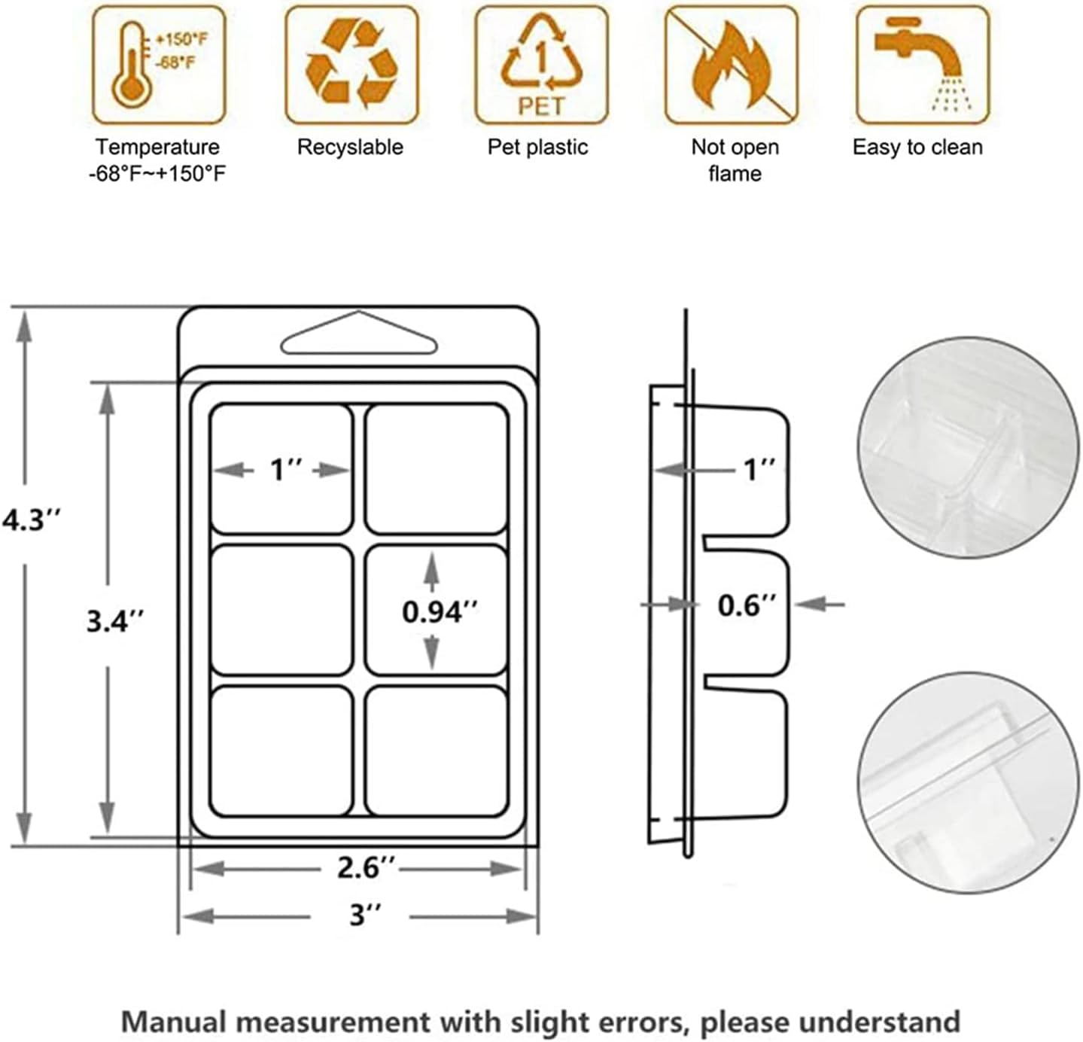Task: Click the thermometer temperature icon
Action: tap(159, 66)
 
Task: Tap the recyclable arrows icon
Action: tap(351, 66)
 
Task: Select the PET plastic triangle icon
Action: tap(541, 66)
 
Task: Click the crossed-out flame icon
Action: tap(731, 66)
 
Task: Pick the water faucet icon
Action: tap(922, 66)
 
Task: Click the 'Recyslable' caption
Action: tap(350, 147)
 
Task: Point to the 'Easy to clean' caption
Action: tap(917, 147)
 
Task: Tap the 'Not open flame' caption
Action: tap(735, 160)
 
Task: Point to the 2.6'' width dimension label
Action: tap(366, 867)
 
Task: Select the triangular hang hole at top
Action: tap(359, 335)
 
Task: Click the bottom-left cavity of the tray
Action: tap(282, 751)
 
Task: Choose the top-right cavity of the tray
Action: tap(437, 469)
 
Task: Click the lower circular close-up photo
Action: tap(968, 783)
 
